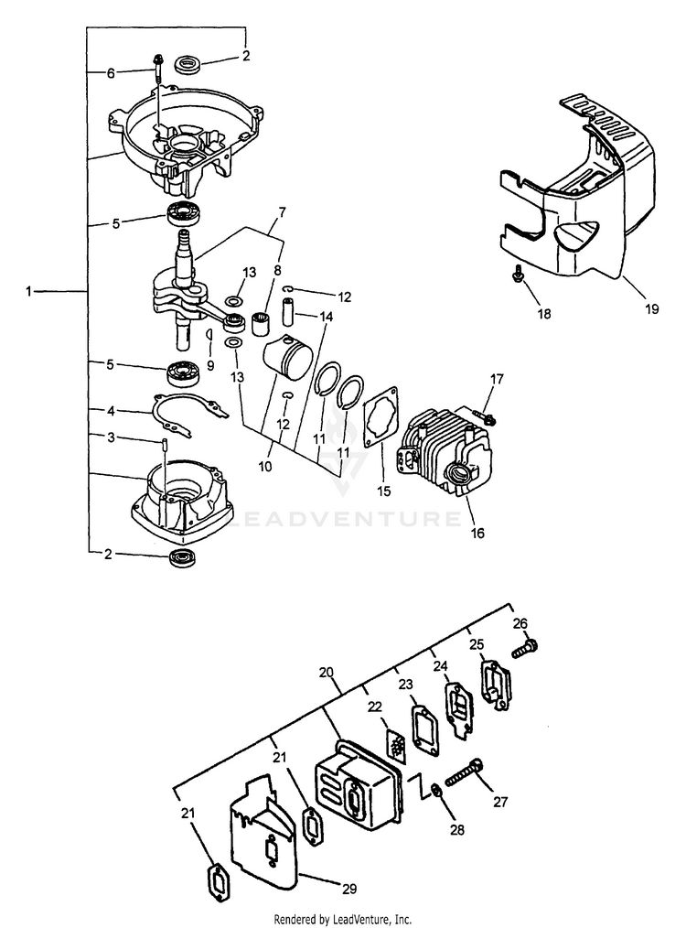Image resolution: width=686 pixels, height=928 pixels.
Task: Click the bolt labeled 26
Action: pos(525,648)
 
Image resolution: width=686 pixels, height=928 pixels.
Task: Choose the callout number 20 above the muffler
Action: pos(327,672)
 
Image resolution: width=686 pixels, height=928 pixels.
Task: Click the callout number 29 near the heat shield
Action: pos(349,889)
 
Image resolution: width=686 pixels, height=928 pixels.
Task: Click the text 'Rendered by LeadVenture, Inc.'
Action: pos(343,919)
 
